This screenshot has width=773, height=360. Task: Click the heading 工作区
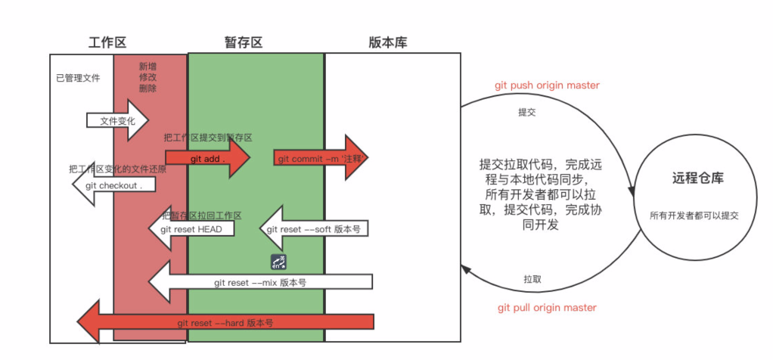pos(107,42)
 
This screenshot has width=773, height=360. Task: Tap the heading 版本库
pos(389,42)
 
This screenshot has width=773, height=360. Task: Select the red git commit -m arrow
pos(322,158)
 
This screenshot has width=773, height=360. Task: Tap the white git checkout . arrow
pos(113,185)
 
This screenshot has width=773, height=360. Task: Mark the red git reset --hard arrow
pos(227,322)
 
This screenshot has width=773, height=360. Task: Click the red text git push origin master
pos(547,85)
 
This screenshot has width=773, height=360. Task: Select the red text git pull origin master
pos(547,308)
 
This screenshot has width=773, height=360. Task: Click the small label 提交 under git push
pos(526,112)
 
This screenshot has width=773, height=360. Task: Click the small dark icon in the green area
pos(278,262)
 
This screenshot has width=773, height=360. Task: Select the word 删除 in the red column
pos(147,88)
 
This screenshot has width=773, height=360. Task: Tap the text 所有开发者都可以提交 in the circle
pos(693,216)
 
